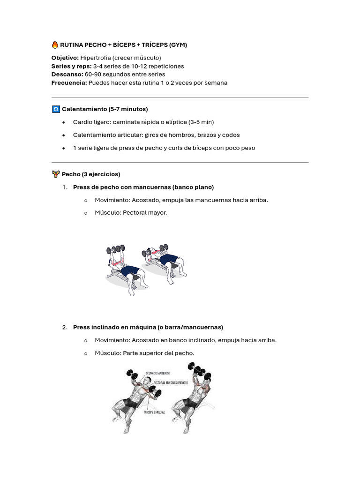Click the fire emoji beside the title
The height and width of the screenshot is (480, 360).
(55, 45)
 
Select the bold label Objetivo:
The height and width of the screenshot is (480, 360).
(65, 58)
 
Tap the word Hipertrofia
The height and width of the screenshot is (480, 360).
(96, 58)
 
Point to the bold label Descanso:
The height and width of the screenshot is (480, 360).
(67, 75)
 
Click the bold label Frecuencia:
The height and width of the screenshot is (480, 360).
(69, 83)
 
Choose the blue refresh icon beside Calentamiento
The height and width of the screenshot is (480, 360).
(55, 109)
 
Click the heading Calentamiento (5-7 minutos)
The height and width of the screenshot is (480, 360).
(105, 109)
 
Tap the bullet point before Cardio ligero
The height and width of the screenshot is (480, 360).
(64, 122)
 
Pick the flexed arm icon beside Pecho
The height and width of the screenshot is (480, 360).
(55, 174)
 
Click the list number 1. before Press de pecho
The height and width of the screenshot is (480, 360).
(65, 187)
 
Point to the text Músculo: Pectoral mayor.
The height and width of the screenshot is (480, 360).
(131, 213)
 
